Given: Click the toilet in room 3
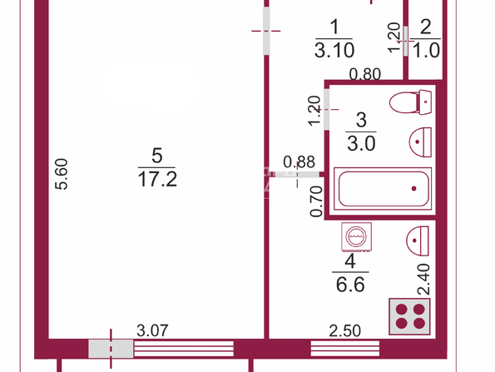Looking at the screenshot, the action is (x=410, y=102).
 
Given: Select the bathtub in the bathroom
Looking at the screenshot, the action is (x=383, y=189).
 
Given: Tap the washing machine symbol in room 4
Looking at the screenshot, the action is (x=356, y=237).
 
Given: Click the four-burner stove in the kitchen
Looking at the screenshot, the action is (x=410, y=316).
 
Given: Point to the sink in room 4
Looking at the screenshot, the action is (x=418, y=241).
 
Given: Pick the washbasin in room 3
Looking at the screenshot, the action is (x=420, y=142).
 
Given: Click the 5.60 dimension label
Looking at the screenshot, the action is (x=62, y=174).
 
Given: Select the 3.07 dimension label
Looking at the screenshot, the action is (x=152, y=330).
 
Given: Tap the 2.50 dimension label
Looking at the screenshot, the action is (x=344, y=331).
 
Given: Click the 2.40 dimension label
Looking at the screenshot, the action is (x=423, y=280).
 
